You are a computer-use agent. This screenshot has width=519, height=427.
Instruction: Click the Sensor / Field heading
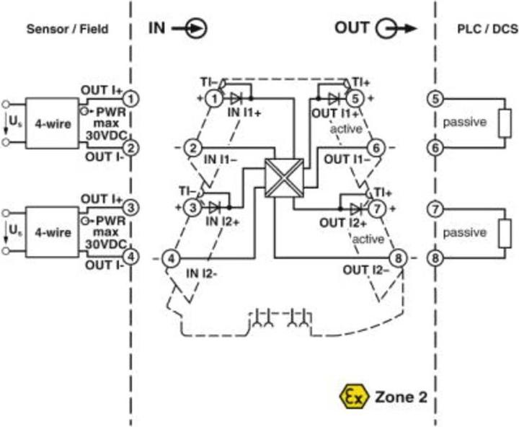pyautogui.click(x=67, y=30)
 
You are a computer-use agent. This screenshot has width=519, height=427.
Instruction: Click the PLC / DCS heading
pyautogui.click(x=478, y=30)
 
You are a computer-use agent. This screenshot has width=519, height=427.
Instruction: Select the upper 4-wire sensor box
pyautogui.click(x=53, y=123)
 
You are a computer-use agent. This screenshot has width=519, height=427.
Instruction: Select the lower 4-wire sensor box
pyautogui.click(x=53, y=232)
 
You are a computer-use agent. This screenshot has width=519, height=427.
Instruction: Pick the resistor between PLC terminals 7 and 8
pyautogui.click(x=504, y=232)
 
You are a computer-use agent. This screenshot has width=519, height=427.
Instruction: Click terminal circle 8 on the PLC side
pyautogui.click(x=435, y=256)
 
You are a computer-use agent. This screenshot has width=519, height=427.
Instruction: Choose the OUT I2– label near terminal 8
pyautogui.click(x=365, y=270)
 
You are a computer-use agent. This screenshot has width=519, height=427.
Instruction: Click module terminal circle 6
pyautogui.click(x=375, y=148)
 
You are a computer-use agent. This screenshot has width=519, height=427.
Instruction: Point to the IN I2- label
pyautogui.click(x=203, y=272)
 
